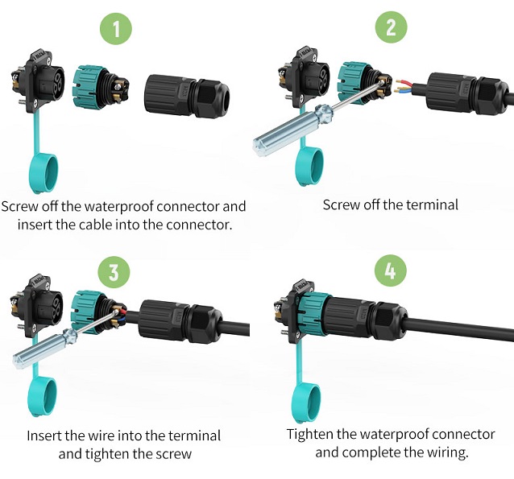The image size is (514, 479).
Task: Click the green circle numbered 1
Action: pos(116,28)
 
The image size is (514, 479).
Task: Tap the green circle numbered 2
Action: pos(391,27)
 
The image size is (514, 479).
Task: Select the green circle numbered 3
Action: pos(114,273)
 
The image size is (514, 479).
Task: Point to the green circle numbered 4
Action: pos(391,270)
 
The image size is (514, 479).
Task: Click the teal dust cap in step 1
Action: pos(44,173)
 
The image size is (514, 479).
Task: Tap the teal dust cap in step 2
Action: pos(309,166)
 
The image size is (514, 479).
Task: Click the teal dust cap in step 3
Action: pos(43,397)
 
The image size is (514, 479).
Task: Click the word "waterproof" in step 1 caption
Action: pos(119,206)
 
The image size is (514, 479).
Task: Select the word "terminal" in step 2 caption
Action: pos(432,205)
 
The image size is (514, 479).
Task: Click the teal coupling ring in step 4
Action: pos(315,314)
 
